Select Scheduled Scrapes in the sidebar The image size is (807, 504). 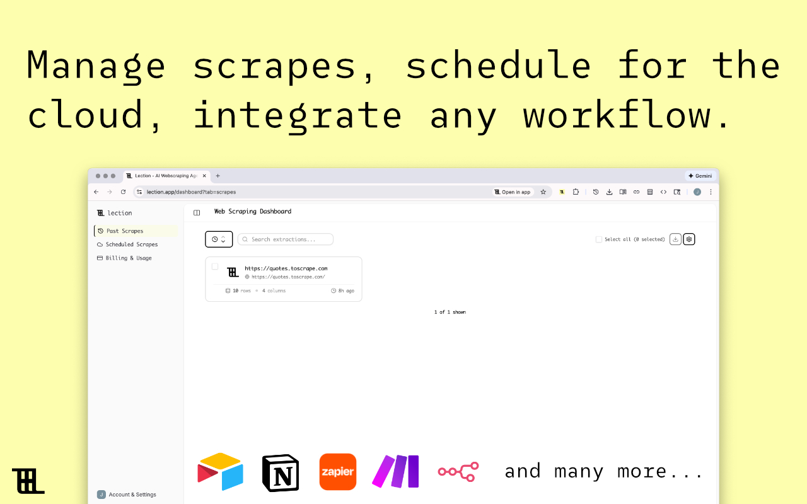127,244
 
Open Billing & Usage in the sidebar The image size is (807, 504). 124,258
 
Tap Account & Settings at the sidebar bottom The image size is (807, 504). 127,495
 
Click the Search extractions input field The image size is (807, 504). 286,239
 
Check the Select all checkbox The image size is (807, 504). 599,239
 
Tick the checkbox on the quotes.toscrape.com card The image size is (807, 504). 215,266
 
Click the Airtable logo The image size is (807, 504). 221,472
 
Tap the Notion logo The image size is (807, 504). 281,472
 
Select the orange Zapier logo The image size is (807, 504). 338,472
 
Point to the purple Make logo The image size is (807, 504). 395,472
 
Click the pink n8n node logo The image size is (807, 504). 458,472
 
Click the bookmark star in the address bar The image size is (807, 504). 543,192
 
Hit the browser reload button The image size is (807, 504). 123,192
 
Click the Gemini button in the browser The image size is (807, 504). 700,176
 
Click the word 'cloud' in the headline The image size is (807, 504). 85,115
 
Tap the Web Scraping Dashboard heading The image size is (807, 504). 253,211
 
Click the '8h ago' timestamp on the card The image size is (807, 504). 342,290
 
